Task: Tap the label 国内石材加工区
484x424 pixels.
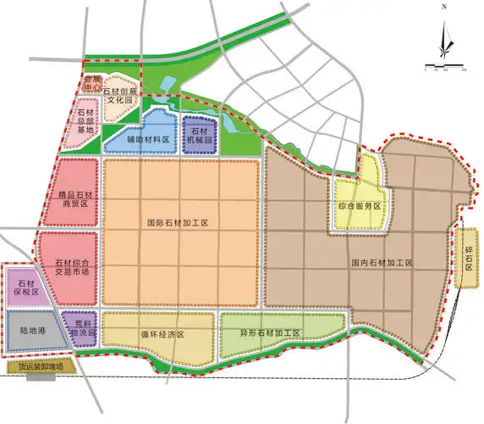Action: pos(382,264)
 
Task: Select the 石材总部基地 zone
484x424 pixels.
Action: pos(85,122)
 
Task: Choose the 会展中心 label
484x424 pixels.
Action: pos(92,83)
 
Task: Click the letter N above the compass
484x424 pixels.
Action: pos(443,7)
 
